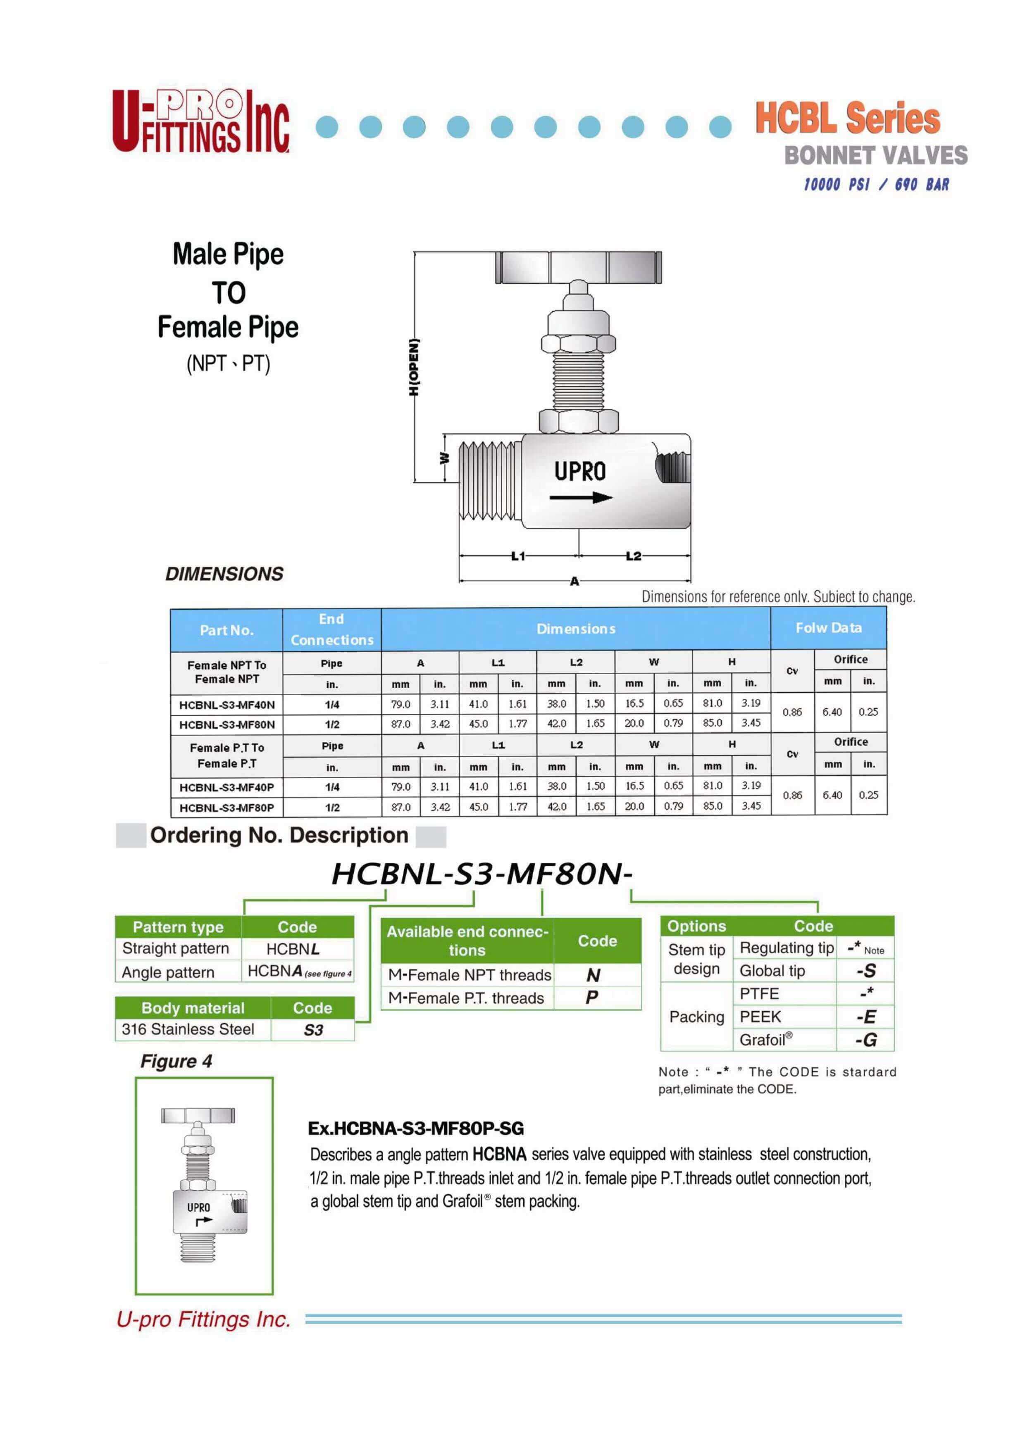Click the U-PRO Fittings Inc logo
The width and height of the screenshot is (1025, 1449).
tap(201, 121)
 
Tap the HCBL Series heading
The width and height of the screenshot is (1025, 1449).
tap(848, 119)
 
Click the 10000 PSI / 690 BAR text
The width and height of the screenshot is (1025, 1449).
tap(876, 184)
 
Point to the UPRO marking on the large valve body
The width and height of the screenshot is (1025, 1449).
tap(580, 471)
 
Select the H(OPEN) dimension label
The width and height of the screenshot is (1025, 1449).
tap(414, 367)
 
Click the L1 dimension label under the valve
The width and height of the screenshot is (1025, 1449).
tap(518, 556)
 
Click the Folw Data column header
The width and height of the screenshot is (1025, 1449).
tap(828, 628)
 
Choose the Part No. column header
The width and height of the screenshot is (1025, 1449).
tap(227, 630)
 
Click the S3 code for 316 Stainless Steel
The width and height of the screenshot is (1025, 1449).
tap(313, 1030)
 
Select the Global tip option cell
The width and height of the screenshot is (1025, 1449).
tap(772, 971)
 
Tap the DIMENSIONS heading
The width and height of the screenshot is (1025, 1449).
tap(224, 574)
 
